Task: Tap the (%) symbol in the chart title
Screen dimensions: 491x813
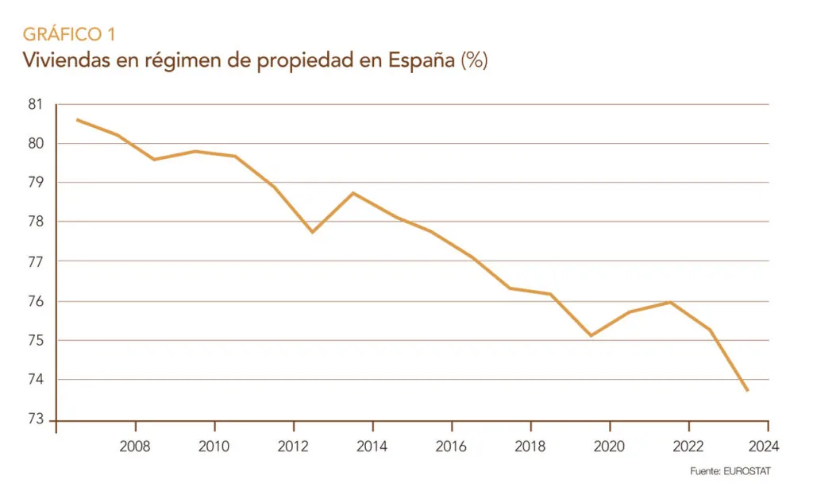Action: tap(474, 61)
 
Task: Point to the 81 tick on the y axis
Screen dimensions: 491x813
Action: tap(37, 104)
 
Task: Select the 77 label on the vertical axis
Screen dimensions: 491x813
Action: tap(37, 261)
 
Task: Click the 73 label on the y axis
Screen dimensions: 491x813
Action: tap(37, 419)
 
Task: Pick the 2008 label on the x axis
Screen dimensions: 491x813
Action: tap(135, 445)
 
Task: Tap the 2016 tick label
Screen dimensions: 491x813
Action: tap(450, 445)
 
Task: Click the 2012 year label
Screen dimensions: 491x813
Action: tap(293, 445)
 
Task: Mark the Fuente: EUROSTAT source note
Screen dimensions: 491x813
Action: tap(730, 471)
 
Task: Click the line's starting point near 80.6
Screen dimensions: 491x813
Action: tap(77, 120)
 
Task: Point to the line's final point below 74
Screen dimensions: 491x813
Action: tap(747, 390)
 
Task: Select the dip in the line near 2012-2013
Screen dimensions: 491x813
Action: tap(312, 232)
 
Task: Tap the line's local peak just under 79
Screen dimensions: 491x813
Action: tap(353, 193)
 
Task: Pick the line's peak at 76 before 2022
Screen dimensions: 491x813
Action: tap(670, 302)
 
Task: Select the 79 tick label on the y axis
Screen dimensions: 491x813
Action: tap(37, 183)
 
